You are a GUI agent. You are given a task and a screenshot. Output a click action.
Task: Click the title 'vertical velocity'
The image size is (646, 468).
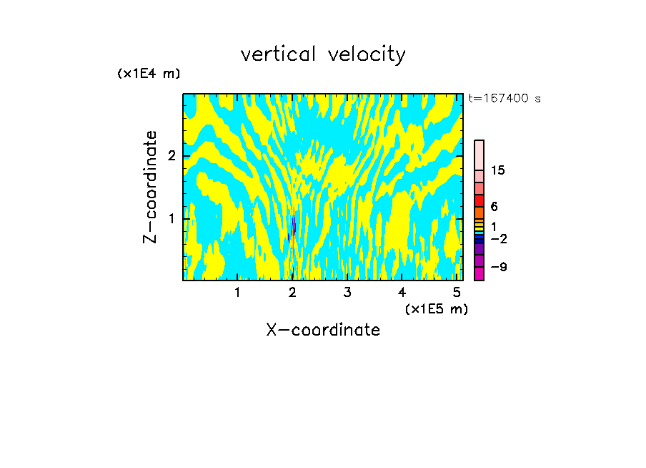323,54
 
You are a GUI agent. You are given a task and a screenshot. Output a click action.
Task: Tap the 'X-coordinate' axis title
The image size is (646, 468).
323,330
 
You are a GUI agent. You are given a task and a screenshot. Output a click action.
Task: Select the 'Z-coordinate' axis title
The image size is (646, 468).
150,187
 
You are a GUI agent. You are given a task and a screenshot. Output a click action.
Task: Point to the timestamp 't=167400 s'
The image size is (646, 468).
504,99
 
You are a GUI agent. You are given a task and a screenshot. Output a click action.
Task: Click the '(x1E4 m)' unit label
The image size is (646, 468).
149,74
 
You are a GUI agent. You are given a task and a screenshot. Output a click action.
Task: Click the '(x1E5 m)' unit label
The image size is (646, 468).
436,308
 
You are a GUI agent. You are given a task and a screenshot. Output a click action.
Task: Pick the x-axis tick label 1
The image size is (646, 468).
237,292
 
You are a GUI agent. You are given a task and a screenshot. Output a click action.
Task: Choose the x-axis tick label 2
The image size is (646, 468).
292,292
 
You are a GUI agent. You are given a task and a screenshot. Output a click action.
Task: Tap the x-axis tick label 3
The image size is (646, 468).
347,292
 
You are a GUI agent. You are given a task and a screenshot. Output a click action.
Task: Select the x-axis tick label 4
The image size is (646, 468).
402,292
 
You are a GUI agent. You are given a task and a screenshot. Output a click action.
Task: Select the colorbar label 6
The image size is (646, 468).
494,206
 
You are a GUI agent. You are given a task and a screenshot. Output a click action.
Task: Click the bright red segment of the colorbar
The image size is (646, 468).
479,200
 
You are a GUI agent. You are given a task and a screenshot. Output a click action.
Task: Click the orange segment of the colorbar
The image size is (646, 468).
479,213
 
